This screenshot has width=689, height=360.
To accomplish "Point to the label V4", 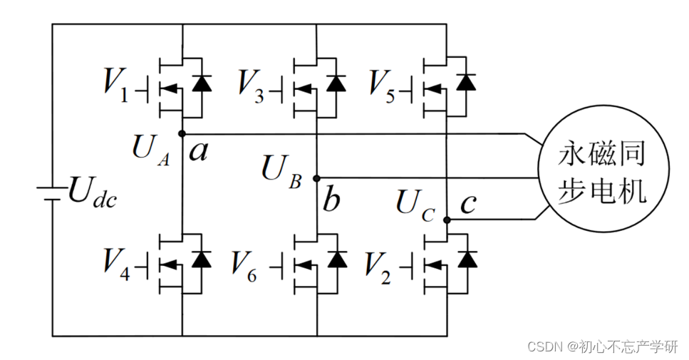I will [x=116, y=264].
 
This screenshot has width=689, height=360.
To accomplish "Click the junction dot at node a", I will [x=182, y=133].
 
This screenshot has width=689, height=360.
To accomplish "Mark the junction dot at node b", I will [x=316, y=178].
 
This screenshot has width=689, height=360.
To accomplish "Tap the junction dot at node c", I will [x=447, y=220].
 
